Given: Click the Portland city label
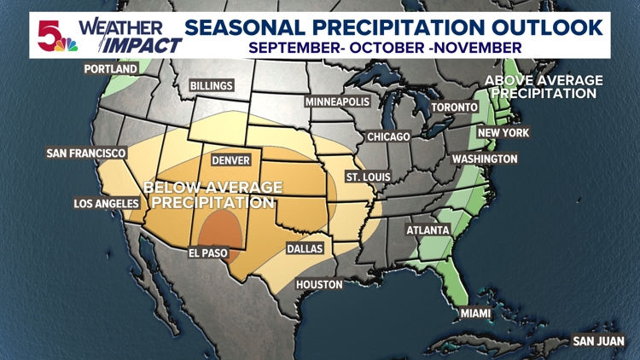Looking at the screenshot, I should pos(111,68).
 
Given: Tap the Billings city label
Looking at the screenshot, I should pos(212,86).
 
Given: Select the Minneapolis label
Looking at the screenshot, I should pos(338,102).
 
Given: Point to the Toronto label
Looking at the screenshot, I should pos(455,107).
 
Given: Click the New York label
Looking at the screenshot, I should pos(503,133).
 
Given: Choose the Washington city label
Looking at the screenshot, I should pos(485,159).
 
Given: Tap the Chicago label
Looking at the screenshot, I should pos(388,136).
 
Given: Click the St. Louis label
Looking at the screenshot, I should pos(368,177).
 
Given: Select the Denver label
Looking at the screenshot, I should pos(230,160).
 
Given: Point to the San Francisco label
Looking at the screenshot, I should pos(86,154).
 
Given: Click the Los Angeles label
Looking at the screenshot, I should pos(107,204).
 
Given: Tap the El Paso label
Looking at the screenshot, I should pos(210,253).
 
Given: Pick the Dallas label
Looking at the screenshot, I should pos(304,248).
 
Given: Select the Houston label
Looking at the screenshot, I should pos(319,284).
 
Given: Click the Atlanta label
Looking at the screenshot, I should pos(428,230).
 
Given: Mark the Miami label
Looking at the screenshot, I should pos(475,314).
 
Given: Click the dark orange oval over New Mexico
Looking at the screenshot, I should pos(221,228).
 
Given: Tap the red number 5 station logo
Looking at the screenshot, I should pos(51,35).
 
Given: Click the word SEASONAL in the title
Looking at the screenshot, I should pos(242,26).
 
